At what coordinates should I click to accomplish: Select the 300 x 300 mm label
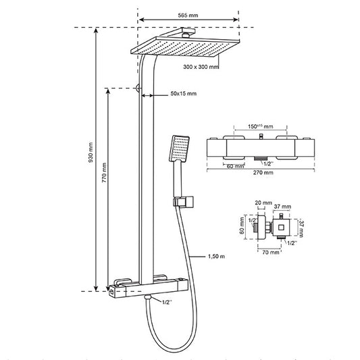[x=201, y=67]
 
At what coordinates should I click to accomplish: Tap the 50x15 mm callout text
[x=184, y=93]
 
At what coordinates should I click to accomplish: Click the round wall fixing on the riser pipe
[x=138, y=88]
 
